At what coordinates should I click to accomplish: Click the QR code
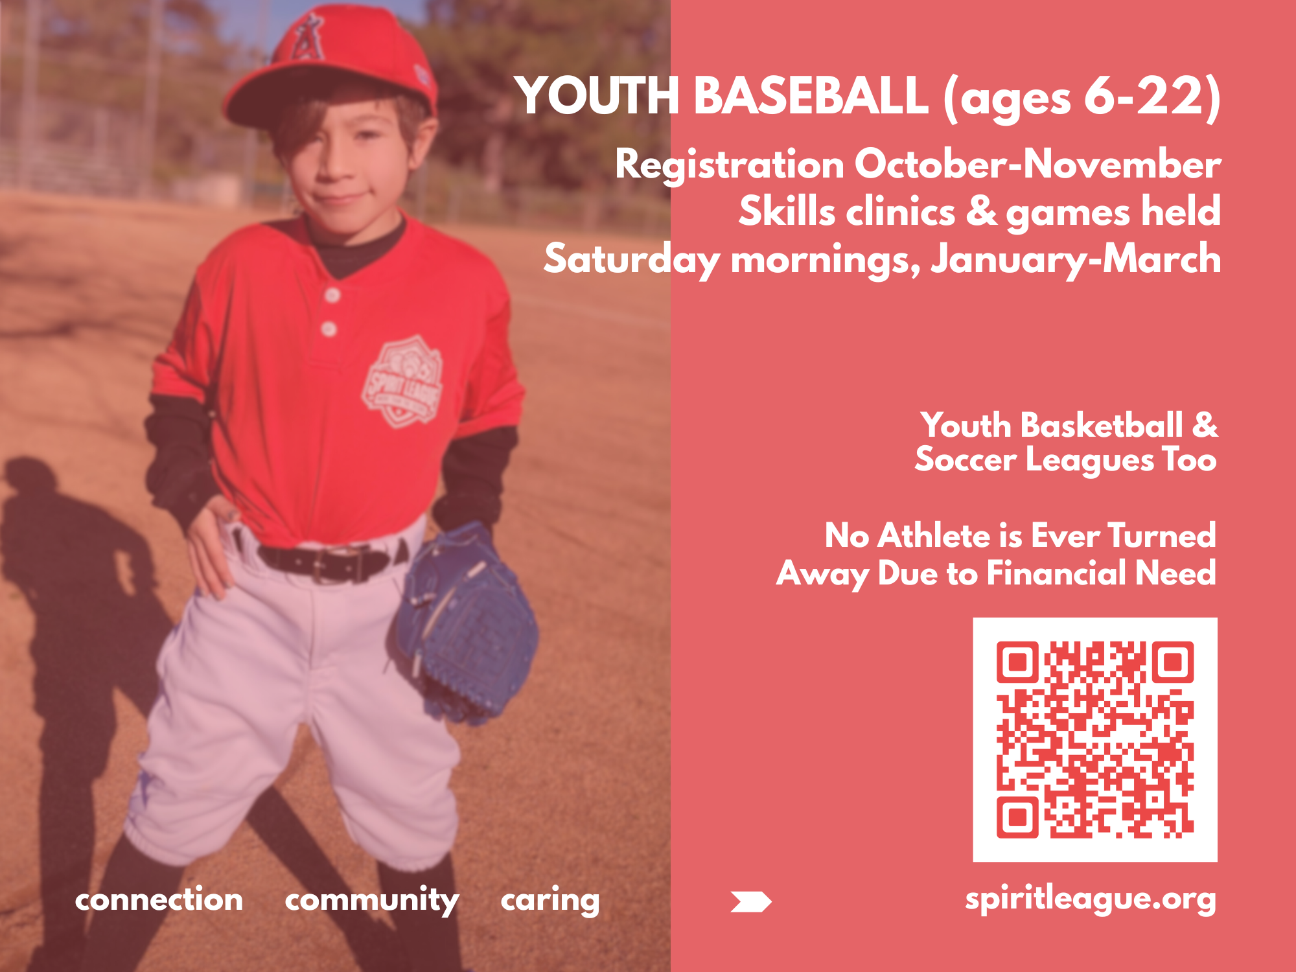pyautogui.click(x=1094, y=739)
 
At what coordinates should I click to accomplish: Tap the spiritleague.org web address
pyautogui.click(x=1090, y=899)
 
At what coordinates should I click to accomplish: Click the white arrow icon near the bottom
pyautogui.click(x=750, y=901)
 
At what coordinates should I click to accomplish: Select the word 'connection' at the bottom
pyautogui.click(x=159, y=900)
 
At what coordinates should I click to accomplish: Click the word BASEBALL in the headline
pyautogui.click(x=811, y=96)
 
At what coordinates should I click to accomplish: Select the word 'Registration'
pyautogui.click(x=729, y=165)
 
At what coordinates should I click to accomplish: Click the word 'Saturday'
pyautogui.click(x=631, y=260)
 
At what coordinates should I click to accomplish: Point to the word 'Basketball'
pyautogui.click(x=1102, y=426)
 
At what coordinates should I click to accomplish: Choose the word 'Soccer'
pyautogui.click(x=966, y=461)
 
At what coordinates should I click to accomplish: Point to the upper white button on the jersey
pyautogui.click(x=332, y=295)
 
